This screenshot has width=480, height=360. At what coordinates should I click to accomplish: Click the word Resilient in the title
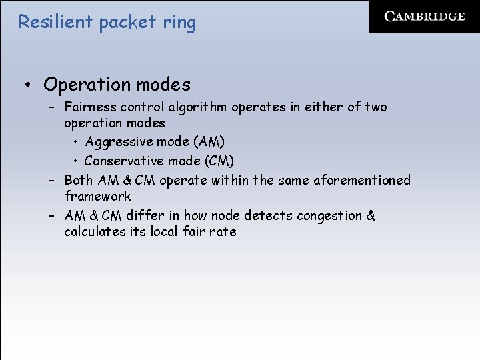coord(55,22)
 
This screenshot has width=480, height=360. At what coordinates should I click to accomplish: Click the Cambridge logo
coord(425,17)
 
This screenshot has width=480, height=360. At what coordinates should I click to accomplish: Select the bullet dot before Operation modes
coord(29,85)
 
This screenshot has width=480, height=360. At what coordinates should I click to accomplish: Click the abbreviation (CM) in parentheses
coord(218,161)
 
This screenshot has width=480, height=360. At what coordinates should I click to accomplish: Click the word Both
coord(79,180)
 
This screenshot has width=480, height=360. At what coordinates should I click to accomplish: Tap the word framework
coord(97,196)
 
